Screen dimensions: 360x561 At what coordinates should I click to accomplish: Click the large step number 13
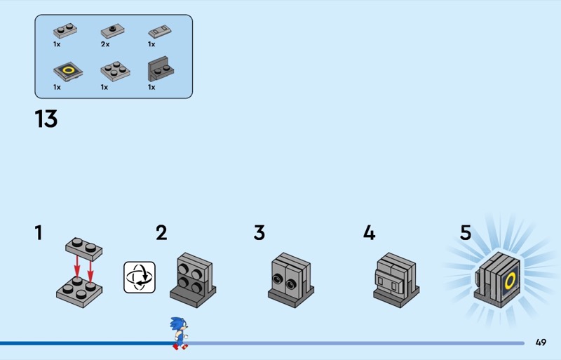pos(46,119)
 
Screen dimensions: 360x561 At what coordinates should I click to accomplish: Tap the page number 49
pos(541,342)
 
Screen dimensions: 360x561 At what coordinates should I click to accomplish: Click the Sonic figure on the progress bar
pos(180,333)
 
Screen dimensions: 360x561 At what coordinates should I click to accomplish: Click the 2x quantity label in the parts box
pos(104,44)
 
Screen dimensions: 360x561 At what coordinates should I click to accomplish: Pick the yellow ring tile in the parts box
pos(67,70)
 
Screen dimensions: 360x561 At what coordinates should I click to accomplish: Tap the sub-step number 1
pos(39,233)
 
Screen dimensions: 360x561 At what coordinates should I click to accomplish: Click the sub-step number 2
pos(161,233)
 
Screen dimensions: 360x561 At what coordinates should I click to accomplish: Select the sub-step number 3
pos(259,233)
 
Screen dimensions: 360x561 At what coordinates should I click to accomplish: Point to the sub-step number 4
pos(369,233)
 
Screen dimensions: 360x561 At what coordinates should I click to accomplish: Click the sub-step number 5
pos(466,233)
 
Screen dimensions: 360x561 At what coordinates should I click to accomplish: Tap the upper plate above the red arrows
pos(83,246)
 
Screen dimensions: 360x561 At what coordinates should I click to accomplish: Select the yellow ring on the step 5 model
pos(511,281)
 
